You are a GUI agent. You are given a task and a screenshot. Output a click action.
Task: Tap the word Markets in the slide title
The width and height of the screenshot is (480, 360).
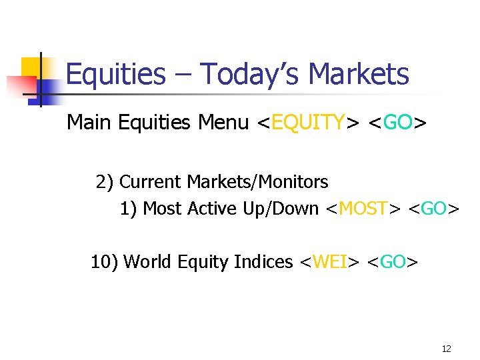coord(361,74)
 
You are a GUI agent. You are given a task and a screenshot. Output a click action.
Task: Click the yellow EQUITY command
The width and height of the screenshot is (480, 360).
coord(309,123)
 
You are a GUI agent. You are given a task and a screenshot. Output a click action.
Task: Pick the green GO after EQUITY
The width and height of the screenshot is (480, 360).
coord(397,123)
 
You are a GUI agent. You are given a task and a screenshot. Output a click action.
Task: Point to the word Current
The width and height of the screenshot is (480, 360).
coord(151,181)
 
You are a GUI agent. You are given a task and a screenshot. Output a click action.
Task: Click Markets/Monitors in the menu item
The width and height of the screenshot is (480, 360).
coord(257,181)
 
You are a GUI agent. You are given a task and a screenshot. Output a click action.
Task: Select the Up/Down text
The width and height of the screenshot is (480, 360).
coord(280,209)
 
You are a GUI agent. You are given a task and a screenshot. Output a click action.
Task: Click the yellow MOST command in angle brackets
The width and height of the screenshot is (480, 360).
coord(363,209)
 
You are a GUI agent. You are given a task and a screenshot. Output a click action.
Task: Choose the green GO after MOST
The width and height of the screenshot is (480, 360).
coord(434,209)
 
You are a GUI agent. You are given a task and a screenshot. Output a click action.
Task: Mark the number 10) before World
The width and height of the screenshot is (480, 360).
coord(105,262)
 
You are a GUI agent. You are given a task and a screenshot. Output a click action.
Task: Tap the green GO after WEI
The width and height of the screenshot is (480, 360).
coord(393,262)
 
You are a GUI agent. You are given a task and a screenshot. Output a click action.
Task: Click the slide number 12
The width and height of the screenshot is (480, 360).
coord(446,349)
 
